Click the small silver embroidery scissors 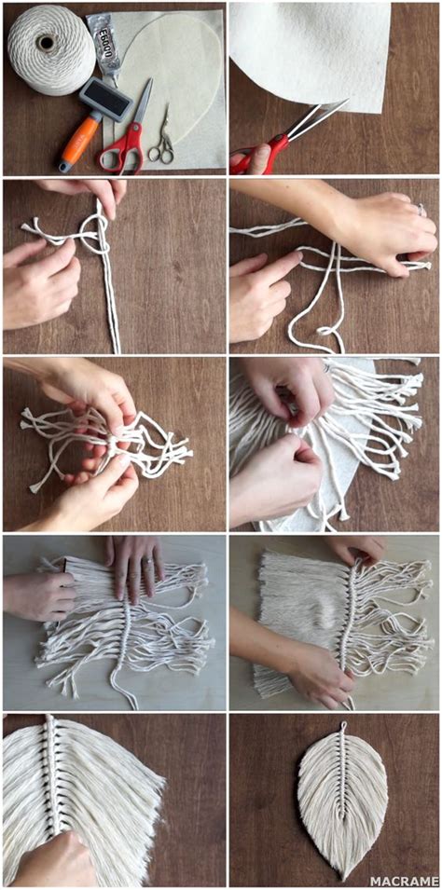tap(163, 135)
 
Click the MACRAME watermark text tap(403, 880)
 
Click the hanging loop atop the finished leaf tap(342, 726)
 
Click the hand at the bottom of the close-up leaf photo tap(56, 857)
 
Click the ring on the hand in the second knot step tap(421, 212)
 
